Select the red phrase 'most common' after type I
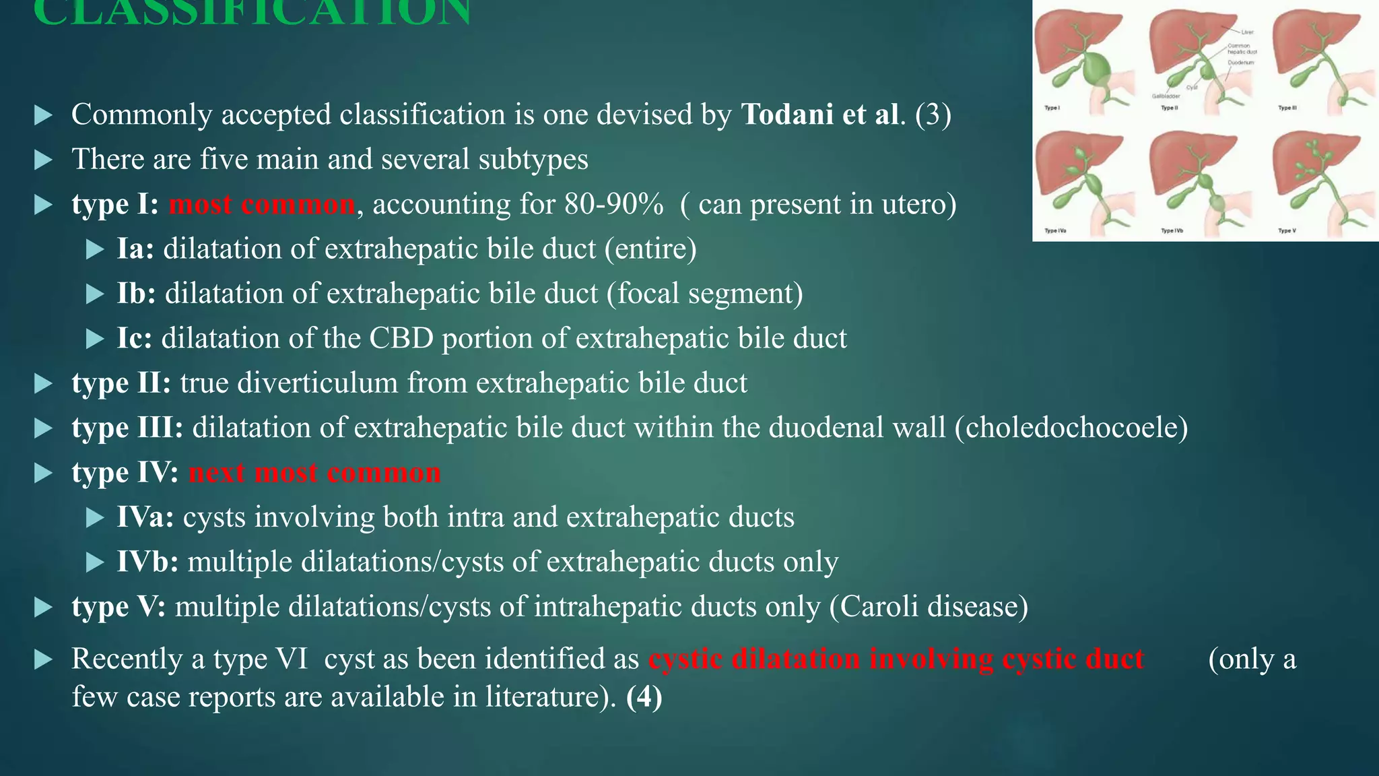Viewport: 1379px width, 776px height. click(261, 204)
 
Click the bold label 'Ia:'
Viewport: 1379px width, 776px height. click(135, 249)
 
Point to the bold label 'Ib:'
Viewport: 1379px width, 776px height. click(136, 294)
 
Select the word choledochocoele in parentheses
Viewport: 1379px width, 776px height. click(1071, 428)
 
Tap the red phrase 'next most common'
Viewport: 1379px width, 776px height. click(314, 472)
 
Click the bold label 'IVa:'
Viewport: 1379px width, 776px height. click(145, 517)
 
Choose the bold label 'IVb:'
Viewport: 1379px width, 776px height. click(147, 562)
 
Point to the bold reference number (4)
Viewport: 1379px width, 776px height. click(644, 697)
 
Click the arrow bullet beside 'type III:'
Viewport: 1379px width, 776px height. click(43, 428)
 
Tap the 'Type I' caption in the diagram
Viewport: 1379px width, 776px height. click(1051, 108)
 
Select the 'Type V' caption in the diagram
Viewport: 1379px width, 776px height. click(1287, 231)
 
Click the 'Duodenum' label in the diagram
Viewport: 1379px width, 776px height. click(1240, 63)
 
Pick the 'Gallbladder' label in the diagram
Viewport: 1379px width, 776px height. click(1166, 96)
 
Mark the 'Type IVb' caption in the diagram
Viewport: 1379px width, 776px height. click(1172, 231)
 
